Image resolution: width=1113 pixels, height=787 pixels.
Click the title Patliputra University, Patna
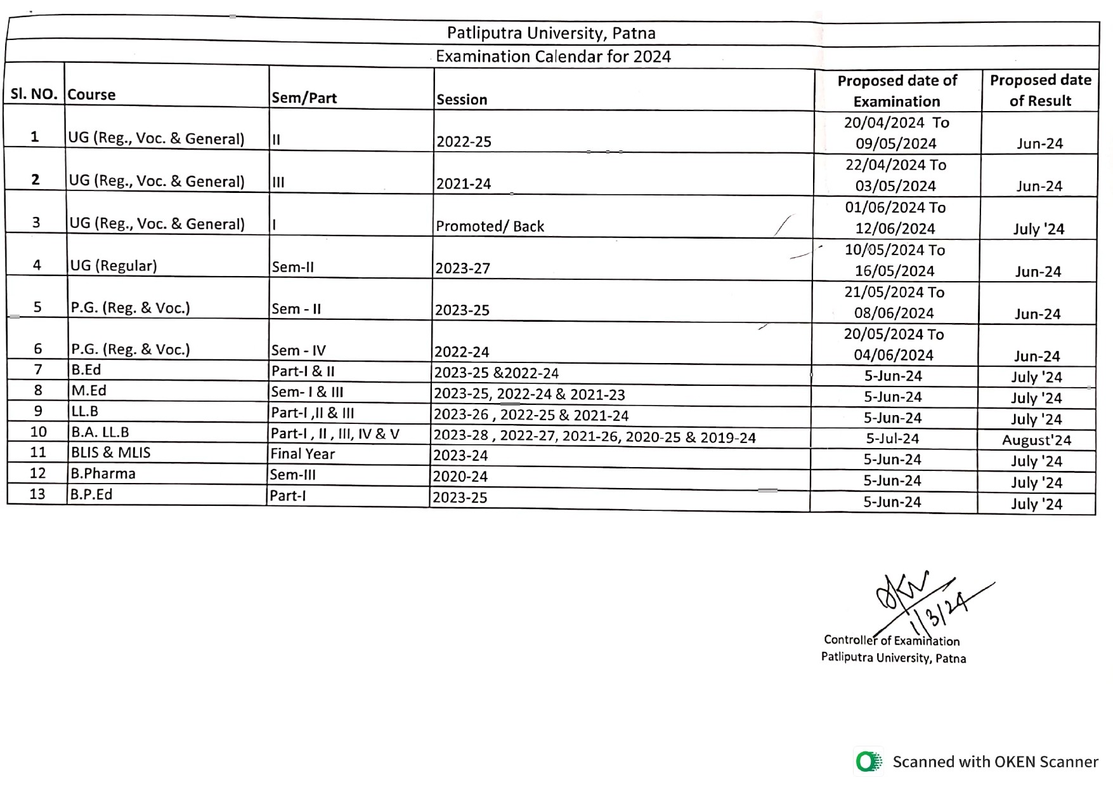(550, 33)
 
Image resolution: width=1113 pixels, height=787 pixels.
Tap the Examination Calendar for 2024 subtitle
(552, 56)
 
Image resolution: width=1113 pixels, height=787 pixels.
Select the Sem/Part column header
(304, 98)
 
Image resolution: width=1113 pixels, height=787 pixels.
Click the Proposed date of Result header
(1040, 90)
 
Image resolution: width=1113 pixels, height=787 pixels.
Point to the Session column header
(462, 100)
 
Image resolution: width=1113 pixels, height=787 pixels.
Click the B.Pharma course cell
(103, 473)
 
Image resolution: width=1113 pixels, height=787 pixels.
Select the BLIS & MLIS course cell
(110, 453)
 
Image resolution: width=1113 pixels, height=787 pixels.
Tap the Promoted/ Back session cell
(490, 227)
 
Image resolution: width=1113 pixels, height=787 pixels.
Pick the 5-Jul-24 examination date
(892, 439)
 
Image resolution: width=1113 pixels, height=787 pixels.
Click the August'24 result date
(1036, 440)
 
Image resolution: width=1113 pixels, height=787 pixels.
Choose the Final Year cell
(303, 454)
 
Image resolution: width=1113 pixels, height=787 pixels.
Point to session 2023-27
(462, 268)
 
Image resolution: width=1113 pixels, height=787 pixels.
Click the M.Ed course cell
(89, 390)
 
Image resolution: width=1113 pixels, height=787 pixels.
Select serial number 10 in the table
(38, 432)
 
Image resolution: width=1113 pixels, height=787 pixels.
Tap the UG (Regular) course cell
(114, 265)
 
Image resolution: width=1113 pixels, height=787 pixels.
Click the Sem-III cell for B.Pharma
(292, 475)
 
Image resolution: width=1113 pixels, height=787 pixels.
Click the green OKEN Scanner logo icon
(868, 762)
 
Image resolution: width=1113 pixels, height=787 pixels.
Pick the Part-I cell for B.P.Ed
(287, 496)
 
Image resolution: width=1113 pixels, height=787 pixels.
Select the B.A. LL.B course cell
(100, 432)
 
